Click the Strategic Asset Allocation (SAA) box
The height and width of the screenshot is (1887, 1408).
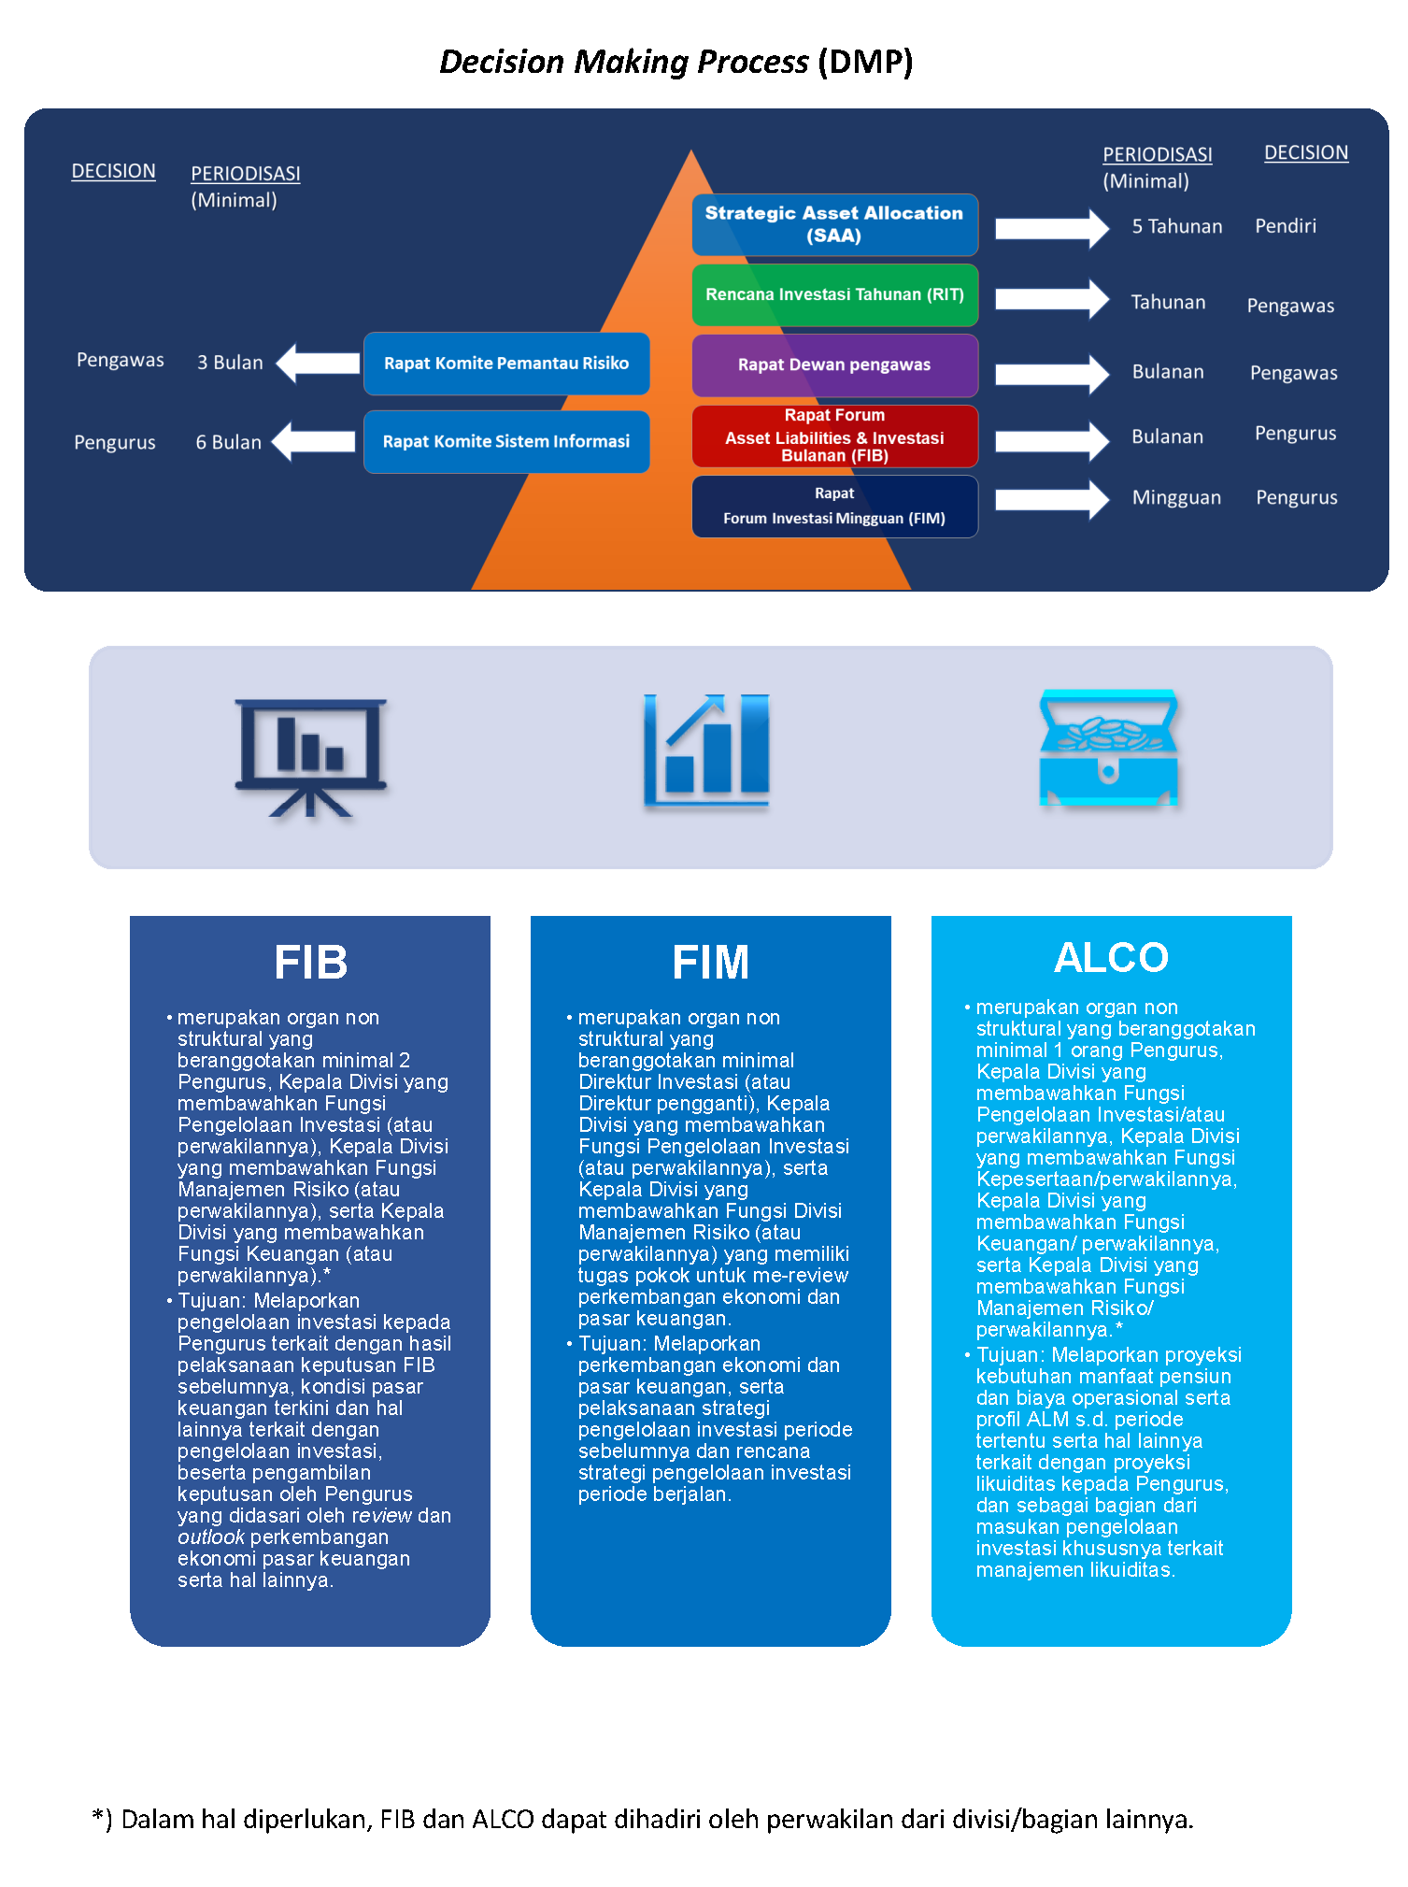pyautogui.click(x=834, y=224)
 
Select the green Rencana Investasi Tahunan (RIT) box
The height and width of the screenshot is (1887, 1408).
pyautogui.click(x=834, y=295)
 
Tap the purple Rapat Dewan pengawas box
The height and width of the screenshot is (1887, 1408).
pyautogui.click(x=834, y=365)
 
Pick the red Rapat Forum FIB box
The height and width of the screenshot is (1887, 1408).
pyautogui.click(x=834, y=436)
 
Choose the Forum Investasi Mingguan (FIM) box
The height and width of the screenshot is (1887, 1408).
pyautogui.click(x=834, y=507)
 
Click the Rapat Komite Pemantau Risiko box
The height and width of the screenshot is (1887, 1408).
pyautogui.click(x=506, y=364)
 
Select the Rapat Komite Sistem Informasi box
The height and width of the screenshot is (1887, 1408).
pyautogui.click(x=506, y=441)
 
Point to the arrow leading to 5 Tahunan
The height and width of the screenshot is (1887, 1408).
pyautogui.click(x=1052, y=228)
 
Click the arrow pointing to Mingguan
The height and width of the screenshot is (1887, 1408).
pyautogui.click(x=1052, y=499)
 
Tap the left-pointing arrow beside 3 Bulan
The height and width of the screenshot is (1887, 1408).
pyautogui.click(x=318, y=364)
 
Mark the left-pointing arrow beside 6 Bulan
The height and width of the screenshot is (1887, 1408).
pyautogui.click(x=314, y=441)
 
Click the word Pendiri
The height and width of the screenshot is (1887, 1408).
pyautogui.click(x=1286, y=226)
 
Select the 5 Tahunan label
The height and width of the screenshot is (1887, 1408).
pyautogui.click(x=1177, y=226)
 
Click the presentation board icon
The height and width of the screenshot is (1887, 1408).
pyautogui.click(x=310, y=757)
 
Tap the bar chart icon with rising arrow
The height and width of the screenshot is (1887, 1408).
pyautogui.click(x=706, y=750)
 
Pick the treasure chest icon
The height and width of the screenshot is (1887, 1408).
pyautogui.click(x=1109, y=748)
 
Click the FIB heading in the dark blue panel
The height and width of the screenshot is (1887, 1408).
pyautogui.click(x=311, y=962)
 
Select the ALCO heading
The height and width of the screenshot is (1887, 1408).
pyautogui.click(x=1112, y=957)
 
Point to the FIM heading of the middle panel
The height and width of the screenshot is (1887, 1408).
pyautogui.click(x=711, y=962)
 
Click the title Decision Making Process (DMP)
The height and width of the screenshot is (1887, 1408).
pyautogui.click(x=676, y=62)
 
